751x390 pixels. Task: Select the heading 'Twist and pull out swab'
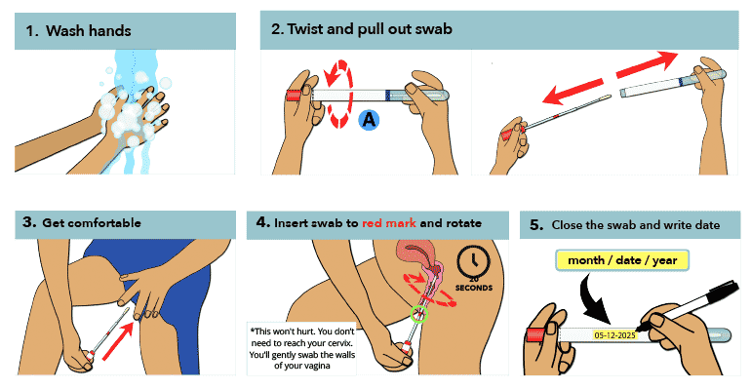coord(369,29)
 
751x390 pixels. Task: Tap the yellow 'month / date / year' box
coord(623,260)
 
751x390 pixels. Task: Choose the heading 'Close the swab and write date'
coord(635,224)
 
